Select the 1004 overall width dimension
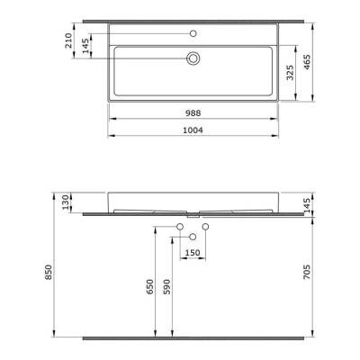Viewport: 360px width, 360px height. pyautogui.click(x=194, y=130)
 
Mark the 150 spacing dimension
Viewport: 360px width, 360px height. pyautogui.click(x=192, y=252)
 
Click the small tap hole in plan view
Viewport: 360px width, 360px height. pyautogui.click(x=193, y=33)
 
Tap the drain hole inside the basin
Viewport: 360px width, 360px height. pyautogui.click(x=193, y=58)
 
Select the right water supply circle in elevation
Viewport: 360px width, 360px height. pyautogui.click(x=205, y=225)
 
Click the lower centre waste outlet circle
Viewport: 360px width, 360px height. pyautogui.click(x=193, y=235)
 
